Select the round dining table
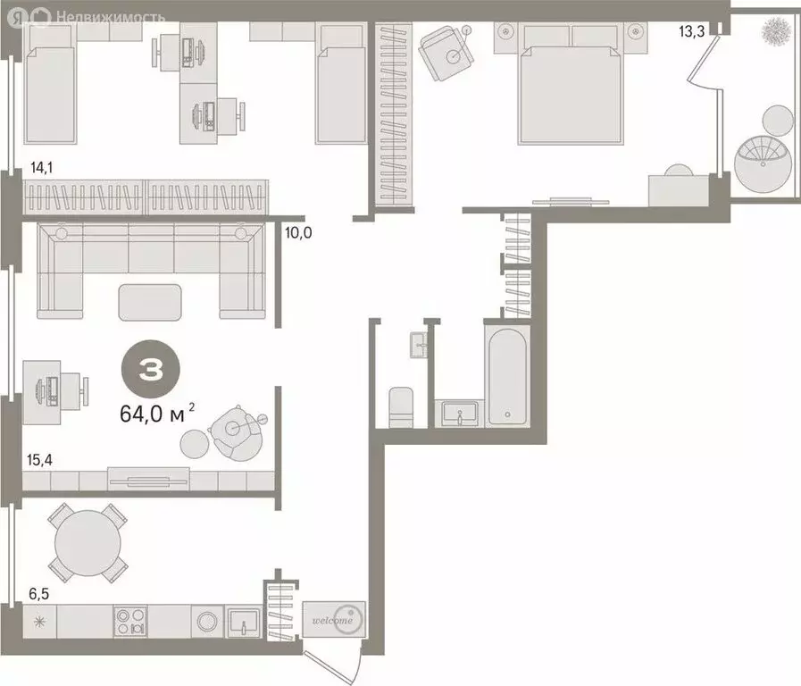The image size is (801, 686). (88, 542)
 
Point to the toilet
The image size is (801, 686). (400, 407)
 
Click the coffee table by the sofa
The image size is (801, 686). (150, 301)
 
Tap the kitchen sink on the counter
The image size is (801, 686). (244, 621)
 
